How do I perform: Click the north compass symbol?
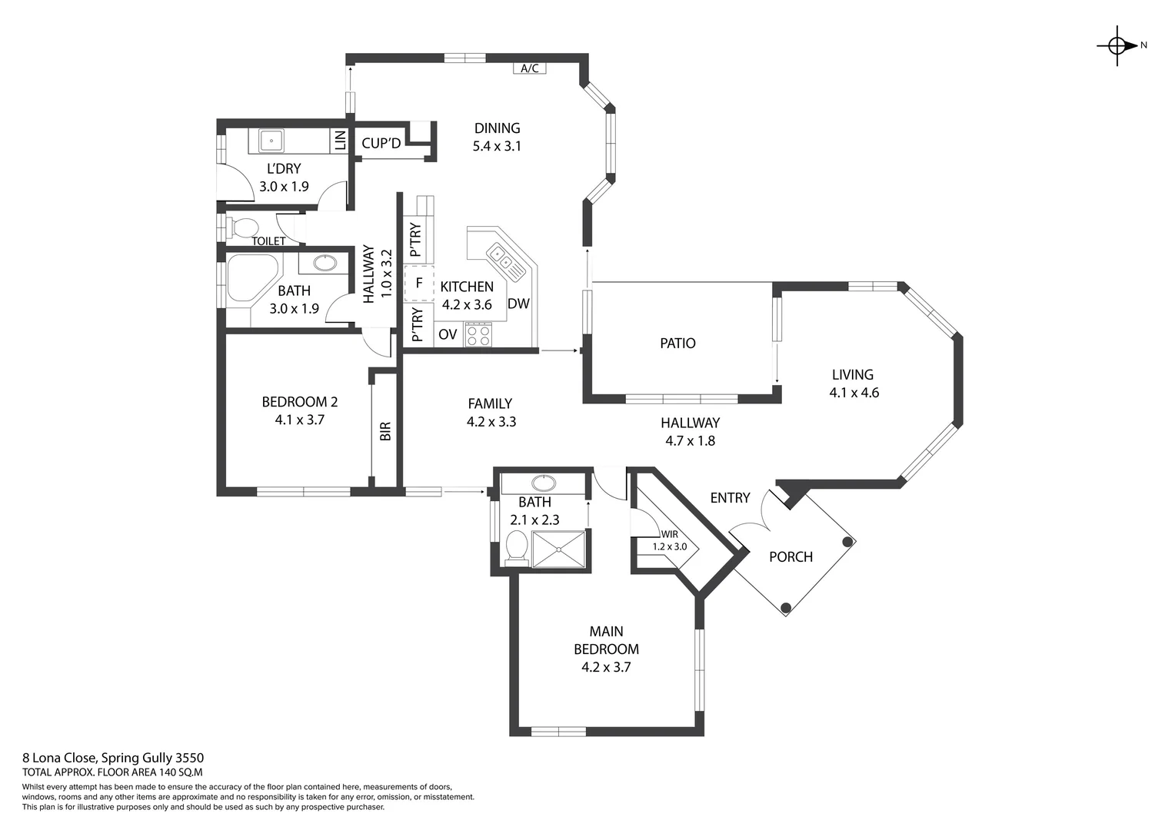pyautogui.click(x=1117, y=45)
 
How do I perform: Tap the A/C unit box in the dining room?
pyautogui.click(x=529, y=68)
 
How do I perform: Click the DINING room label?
pyautogui.click(x=497, y=128)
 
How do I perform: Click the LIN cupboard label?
pyautogui.click(x=339, y=141)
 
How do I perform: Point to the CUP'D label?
pyautogui.click(x=381, y=144)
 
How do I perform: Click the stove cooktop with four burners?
pyautogui.click(x=478, y=334)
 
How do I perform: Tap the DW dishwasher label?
pyautogui.click(x=518, y=304)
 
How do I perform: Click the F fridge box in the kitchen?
pyautogui.click(x=419, y=283)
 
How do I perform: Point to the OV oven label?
pyautogui.click(x=448, y=334)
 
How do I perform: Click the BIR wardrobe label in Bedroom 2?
pyautogui.click(x=385, y=431)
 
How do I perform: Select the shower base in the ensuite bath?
pyautogui.click(x=559, y=549)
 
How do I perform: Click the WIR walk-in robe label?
pyautogui.click(x=669, y=534)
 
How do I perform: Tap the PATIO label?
pyautogui.click(x=677, y=344)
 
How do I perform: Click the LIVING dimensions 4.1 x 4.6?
pyautogui.click(x=854, y=393)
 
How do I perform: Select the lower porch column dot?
pyautogui.click(x=786, y=608)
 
